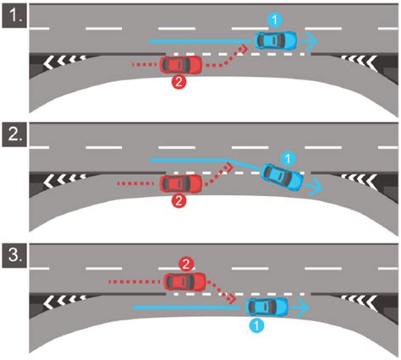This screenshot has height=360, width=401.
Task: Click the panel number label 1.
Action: (x=14, y=16)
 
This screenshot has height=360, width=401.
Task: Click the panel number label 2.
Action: (x=14, y=135)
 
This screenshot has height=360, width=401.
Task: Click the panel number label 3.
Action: (x=14, y=256)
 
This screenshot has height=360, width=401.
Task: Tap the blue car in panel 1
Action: (x=276, y=41)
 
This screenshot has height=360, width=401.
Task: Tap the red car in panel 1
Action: (x=181, y=65)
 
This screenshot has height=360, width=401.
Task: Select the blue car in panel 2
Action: (x=283, y=177)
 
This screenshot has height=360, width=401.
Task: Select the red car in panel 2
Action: (x=181, y=183)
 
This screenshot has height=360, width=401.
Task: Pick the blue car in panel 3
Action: (x=267, y=306)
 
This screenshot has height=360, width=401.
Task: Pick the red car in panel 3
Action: (x=185, y=281)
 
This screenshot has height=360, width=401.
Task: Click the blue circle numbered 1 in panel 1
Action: (x=275, y=20)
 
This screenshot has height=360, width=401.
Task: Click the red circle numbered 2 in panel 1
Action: (x=179, y=82)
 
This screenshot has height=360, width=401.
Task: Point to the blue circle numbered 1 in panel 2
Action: (x=288, y=159)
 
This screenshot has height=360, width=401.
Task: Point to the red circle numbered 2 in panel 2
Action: (x=179, y=201)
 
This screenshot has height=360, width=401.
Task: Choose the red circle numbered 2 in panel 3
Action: (x=186, y=265)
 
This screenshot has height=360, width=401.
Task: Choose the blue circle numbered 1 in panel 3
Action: (x=256, y=325)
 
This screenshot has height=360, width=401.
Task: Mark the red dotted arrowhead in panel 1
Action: (x=244, y=48)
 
